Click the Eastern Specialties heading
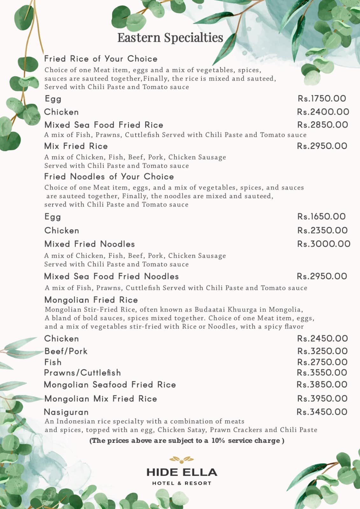pyautogui.click(x=170, y=38)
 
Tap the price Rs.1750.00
pyautogui.click(x=322, y=99)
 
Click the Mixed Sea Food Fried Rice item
pyautogui.click(x=104, y=125)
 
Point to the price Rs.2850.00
pyautogui.click(x=322, y=125)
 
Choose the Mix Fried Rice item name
pyautogui.click(x=76, y=146)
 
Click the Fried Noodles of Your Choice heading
pyautogui.click(x=109, y=177)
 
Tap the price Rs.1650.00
pyautogui.click(x=321, y=217)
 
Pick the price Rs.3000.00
pyautogui.click(x=324, y=244)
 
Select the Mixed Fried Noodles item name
pyautogui.click(x=89, y=244)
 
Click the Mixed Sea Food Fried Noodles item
pyautogui.click(x=111, y=276)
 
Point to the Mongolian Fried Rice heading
pyautogui.click(x=91, y=300)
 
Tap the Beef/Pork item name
pyautogui.click(x=66, y=351)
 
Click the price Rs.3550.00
pyautogui.click(x=322, y=373)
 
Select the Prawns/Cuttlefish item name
pyautogui.click(x=82, y=373)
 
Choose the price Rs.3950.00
pyautogui.click(x=322, y=399)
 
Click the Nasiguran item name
pyautogui.click(x=66, y=412)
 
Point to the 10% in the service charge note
pyautogui.click(x=218, y=441)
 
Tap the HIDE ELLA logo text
pyautogui.click(x=182, y=472)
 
